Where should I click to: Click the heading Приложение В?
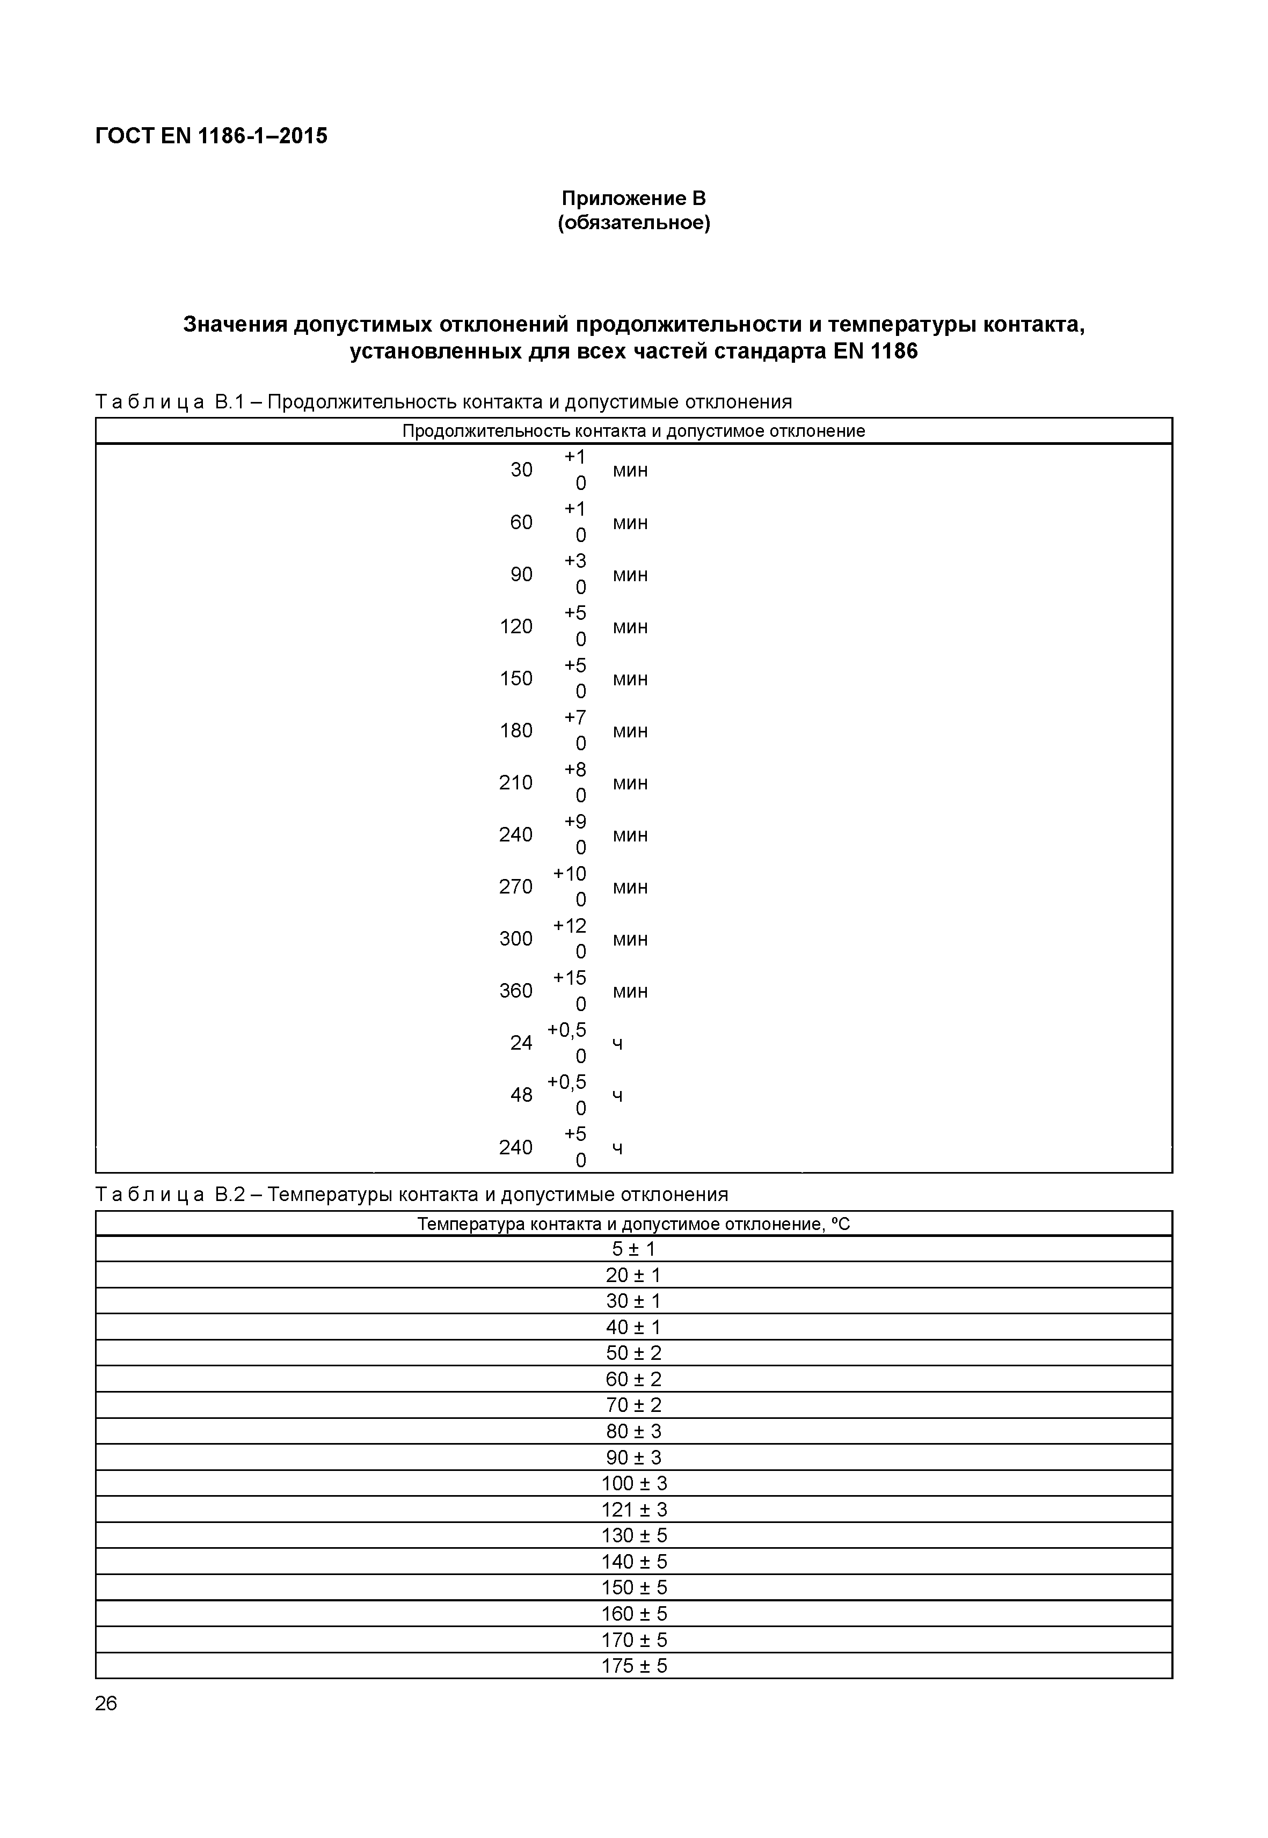633,198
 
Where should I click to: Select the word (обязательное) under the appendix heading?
633,223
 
